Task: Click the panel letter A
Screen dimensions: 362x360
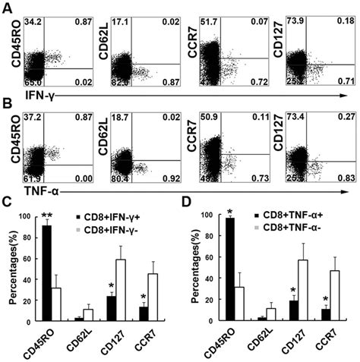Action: tap(7, 6)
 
